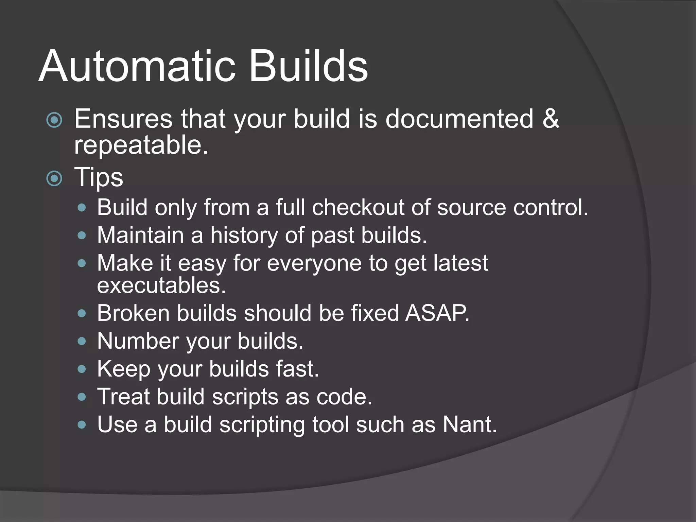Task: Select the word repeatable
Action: pyautogui.click(x=141, y=145)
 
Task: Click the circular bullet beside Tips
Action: pyautogui.click(x=54, y=178)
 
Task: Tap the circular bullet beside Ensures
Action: pyautogui.click(x=54, y=120)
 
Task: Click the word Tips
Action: pyautogui.click(x=99, y=177)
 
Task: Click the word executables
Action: pyautogui.click(x=161, y=285)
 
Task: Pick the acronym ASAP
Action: pyautogui.click(x=437, y=313)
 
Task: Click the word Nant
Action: pyautogui.click(x=469, y=424)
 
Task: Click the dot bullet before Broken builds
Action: pyautogui.click(x=82, y=313)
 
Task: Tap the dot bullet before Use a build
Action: pyautogui.click(x=82, y=425)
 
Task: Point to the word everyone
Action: pyautogui.click(x=314, y=263)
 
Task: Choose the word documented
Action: pyautogui.click(x=459, y=119)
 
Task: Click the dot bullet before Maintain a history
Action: pyautogui.click(x=82, y=236)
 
